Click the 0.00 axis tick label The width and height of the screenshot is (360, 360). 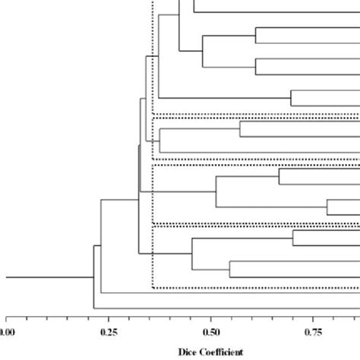coord(6,331)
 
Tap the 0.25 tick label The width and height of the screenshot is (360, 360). coord(108,331)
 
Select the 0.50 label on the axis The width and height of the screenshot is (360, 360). coord(210,331)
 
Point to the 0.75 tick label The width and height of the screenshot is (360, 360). coord(312,331)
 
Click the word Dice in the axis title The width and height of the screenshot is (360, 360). coord(188,352)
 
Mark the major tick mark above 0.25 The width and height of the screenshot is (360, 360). coord(108,318)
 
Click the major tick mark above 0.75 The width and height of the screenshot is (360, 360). coord(312,318)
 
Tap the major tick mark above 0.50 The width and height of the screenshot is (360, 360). coord(210,318)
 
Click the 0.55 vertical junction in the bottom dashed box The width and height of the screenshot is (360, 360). coord(229,270)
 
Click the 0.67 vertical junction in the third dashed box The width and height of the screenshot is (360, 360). coord(279,176)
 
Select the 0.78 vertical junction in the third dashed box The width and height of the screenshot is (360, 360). coord(327,207)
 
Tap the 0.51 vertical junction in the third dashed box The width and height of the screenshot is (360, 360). coord(216,191)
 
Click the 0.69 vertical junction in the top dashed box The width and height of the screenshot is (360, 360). coord(291,98)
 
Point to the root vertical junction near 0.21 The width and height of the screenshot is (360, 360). coord(93,277)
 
